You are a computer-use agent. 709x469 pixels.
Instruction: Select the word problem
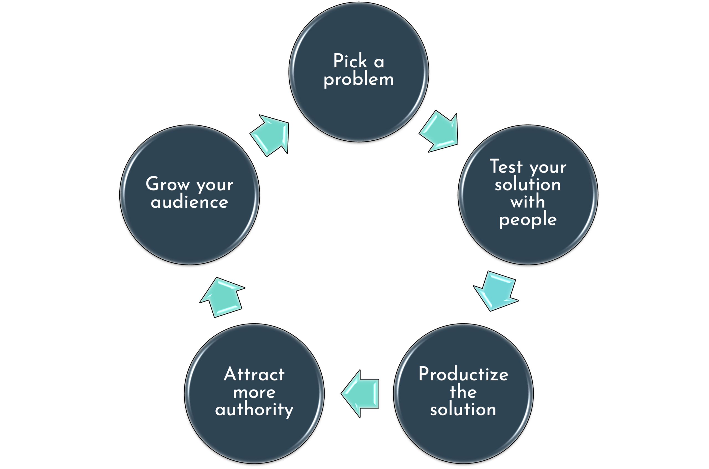point(358,79)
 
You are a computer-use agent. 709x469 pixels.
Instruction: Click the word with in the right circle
point(527,202)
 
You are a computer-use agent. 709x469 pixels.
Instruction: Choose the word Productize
point(463,374)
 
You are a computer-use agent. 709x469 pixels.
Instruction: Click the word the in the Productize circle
point(463,391)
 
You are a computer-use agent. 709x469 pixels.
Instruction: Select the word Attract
point(254,374)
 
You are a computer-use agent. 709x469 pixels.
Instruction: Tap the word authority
point(254,410)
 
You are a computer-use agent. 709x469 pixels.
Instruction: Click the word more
point(254,392)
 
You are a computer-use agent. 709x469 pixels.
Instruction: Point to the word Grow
point(168,184)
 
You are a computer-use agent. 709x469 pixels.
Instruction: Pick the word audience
point(189,202)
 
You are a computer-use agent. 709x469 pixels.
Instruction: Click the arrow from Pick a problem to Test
point(440,132)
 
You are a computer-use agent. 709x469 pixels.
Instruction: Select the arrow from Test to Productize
point(496,290)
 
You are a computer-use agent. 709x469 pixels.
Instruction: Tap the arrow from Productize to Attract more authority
point(361,394)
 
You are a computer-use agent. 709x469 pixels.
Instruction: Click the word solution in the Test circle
point(527,184)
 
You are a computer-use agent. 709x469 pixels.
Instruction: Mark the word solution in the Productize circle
point(463,409)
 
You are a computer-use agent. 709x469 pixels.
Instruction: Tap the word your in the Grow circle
point(215,185)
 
